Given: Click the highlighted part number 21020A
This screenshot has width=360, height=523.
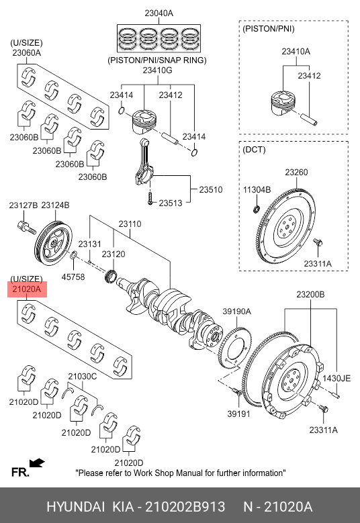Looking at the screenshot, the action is pyautogui.click(x=27, y=289).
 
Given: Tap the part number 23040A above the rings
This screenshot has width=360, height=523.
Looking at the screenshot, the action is pyautogui.click(x=159, y=13).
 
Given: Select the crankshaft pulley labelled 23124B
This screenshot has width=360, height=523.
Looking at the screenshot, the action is pyautogui.click(x=53, y=242).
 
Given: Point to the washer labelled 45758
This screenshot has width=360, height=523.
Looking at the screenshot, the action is pyautogui.click(x=73, y=256).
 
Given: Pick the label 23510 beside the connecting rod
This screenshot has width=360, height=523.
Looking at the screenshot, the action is pyautogui.click(x=210, y=189).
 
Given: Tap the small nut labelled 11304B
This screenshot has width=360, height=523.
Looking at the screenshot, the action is pyautogui.click(x=257, y=209).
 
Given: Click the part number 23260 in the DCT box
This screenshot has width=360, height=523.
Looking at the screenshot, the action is pyautogui.click(x=296, y=172).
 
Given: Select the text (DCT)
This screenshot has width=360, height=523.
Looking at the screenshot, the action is pyautogui.click(x=255, y=150).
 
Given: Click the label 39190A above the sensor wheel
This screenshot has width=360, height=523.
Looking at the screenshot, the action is pyautogui.click(x=236, y=312).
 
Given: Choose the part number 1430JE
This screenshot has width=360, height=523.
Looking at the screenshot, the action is pyautogui.click(x=336, y=378).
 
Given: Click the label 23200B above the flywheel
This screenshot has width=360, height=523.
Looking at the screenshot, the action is pyautogui.click(x=310, y=294).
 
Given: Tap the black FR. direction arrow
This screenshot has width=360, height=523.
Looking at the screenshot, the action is pyautogui.click(x=37, y=463).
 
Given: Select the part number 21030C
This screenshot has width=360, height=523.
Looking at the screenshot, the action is pyautogui.click(x=83, y=377).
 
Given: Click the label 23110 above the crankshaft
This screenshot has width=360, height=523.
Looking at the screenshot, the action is pyautogui.click(x=130, y=224).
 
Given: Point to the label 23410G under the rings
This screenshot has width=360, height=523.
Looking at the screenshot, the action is pyautogui.click(x=157, y=70).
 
